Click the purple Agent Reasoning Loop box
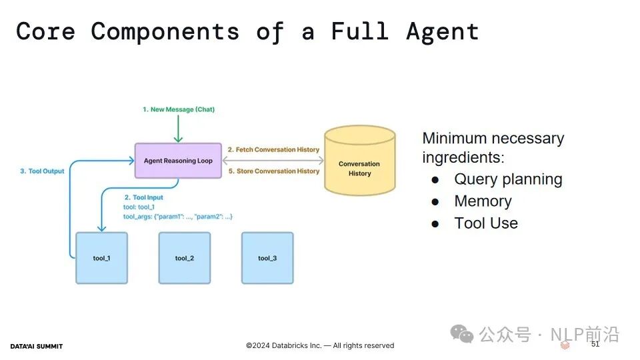[x=178, y=161]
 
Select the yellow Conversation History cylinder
[x=359, y=161]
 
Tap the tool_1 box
[x=101, y=258]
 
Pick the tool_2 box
[x=185, y=258]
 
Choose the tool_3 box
[x=267, y=258]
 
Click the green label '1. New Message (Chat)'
[x=179, y=109]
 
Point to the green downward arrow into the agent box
[x=178, y=129]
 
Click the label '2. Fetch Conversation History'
[x=273, y=150]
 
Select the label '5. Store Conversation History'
[x=274, y=171]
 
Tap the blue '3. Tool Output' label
[x=42, y=171]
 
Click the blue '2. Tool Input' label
[x=144, y=197]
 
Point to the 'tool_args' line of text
[x=177, y=217]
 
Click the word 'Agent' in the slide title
[x=443, y=32]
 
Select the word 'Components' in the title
[x=165, y=32]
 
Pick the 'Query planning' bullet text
[x=508, y=179]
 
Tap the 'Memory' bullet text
[x=483, y=201]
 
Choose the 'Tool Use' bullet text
[x=486, y=223]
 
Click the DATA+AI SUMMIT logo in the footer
[x=36, y=347]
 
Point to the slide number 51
[x=595, y=344]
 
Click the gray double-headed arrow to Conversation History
[x=273, y=161]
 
